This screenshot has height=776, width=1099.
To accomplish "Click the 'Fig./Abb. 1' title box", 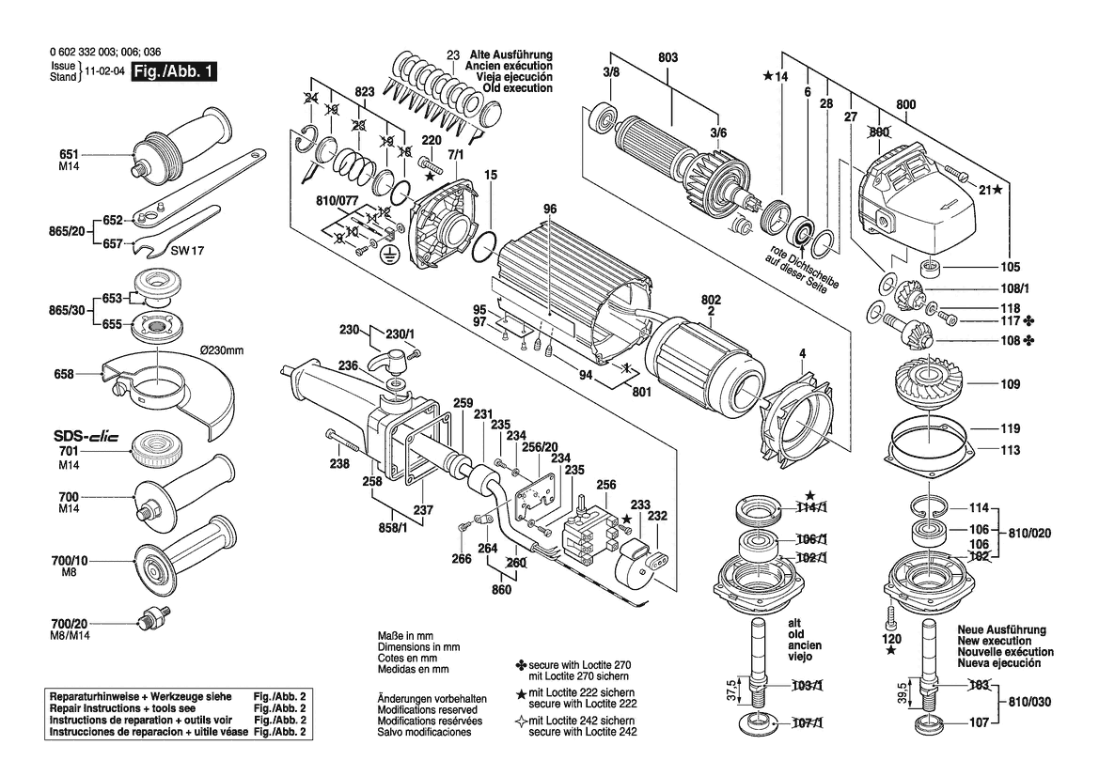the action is click(174, 71).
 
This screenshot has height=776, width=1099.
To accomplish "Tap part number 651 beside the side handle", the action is click(70, 154).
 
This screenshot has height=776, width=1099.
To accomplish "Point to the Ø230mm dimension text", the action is click(222, 349).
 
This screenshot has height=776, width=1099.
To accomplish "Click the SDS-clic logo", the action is click(86, 436).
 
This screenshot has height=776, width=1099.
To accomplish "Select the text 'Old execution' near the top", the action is click(517, 88).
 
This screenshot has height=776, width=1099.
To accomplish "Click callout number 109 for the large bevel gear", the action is click(1010, 384).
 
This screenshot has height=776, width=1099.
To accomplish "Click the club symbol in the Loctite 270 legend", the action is click(521, 664).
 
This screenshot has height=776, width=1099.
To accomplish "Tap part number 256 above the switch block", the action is click(606, 485).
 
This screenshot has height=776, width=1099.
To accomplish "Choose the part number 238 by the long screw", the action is click(339, 464).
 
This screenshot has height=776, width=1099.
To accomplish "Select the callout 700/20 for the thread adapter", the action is click(70, 623).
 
